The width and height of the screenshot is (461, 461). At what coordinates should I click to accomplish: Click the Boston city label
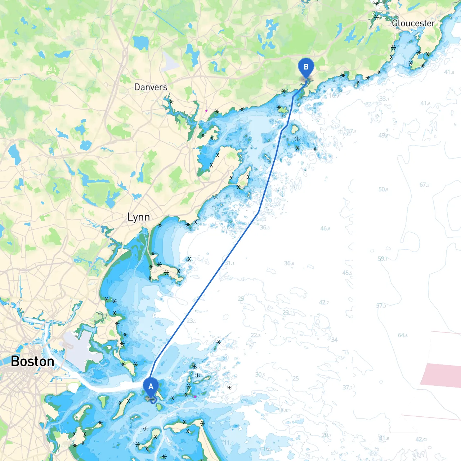[32, 361]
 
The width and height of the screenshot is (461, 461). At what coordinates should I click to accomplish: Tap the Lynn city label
[138, 217]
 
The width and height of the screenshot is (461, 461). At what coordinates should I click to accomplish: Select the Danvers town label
[151, 87]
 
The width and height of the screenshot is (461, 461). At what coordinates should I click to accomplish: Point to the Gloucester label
[413, 23]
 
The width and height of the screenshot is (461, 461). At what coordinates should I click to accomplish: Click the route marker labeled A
[151, 386]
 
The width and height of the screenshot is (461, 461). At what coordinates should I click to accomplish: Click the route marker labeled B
[306, 67]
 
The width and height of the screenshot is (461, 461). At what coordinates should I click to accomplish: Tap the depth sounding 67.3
[424, 185]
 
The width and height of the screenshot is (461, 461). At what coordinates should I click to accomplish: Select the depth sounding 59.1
[383, 259]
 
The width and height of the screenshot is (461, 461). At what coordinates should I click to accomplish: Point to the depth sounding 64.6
[403, 335]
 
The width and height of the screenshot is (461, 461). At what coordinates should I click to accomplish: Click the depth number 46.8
[325, 228]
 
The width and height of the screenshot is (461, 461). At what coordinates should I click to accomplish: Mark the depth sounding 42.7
[324, 303]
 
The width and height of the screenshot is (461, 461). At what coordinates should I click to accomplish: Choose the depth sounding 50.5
[383, 189]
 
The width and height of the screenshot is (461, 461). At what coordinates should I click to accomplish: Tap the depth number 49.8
[383, 135]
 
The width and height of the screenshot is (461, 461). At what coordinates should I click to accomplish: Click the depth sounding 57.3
[381, 306]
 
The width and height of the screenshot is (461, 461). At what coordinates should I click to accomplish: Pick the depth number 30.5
[260, 375]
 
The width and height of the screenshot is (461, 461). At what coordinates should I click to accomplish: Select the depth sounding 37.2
[348, 388]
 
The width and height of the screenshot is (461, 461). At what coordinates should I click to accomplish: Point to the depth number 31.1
[229, 263]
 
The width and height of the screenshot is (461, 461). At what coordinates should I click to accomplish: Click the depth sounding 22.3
[255, 335]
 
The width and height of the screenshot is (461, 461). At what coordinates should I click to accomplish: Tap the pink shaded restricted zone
[441, 375]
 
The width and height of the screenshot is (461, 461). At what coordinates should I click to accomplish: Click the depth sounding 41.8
[449, 72]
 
